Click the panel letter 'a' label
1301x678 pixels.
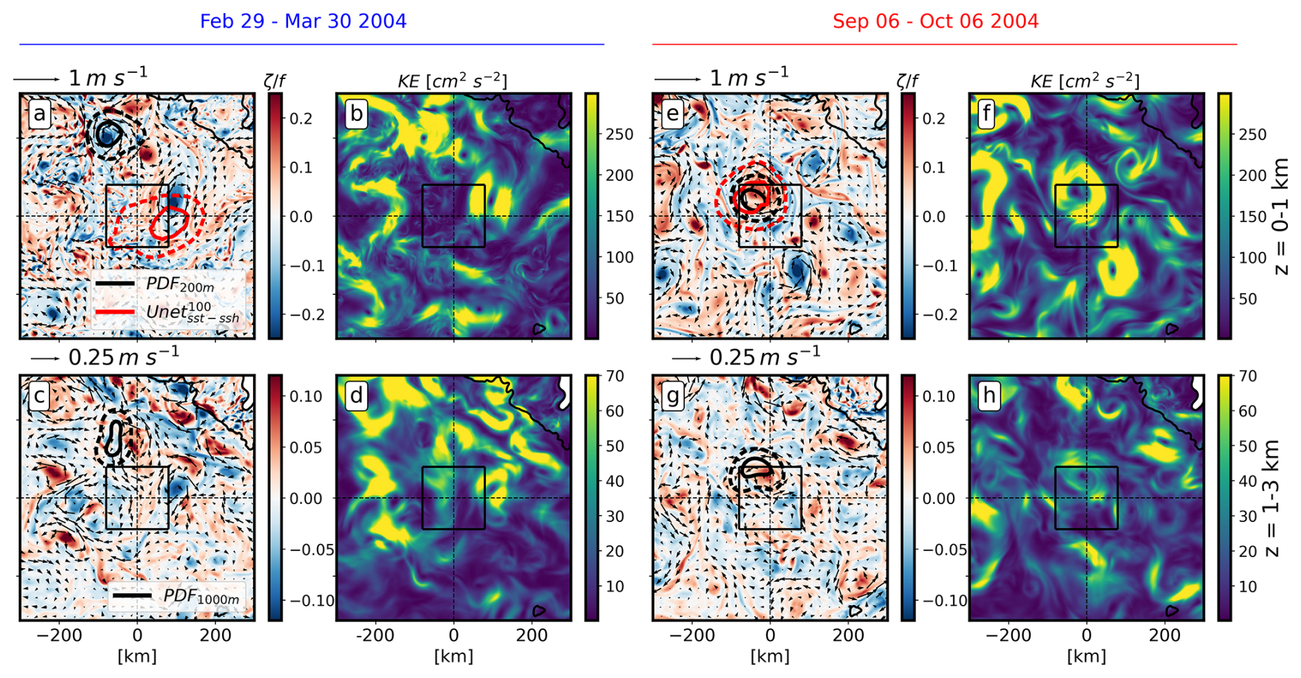[39, 113]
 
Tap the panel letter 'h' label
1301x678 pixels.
[989, 395]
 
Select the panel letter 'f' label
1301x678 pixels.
[987, 113]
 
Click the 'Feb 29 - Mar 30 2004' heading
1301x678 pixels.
[303, 21]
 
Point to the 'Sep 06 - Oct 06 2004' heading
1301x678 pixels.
[935, 21]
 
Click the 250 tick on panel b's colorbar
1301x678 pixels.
[619, 134]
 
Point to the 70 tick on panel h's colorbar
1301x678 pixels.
[1247, 376]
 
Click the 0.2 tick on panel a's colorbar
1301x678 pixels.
[300, 118]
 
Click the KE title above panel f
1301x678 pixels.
[1084, 81]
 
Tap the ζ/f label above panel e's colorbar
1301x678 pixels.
[908, 81]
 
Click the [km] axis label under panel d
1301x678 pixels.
[453, 656]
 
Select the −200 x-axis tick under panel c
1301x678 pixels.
[59, 636]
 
